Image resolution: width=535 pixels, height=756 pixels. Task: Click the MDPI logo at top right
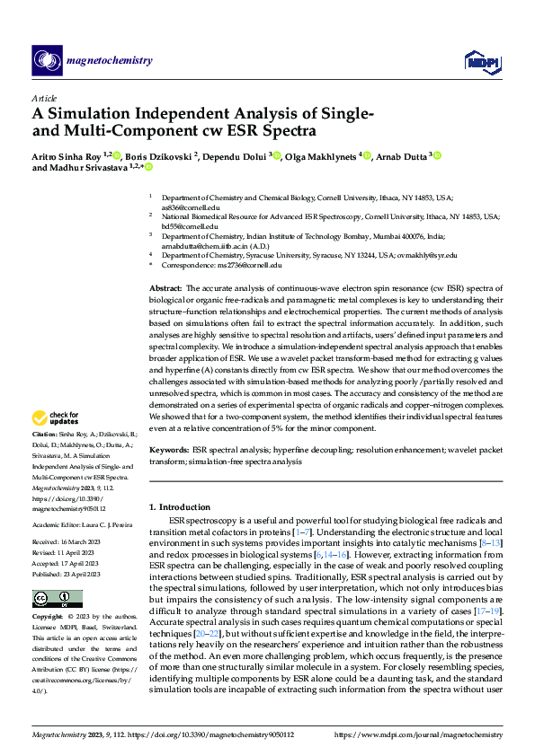tap(479, 60)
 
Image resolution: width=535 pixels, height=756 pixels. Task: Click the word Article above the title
tap(44, 98)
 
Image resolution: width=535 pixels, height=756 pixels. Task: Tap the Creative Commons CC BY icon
tap(58, 598)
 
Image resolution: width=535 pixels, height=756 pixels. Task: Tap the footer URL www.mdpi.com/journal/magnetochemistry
tap(425, 736)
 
